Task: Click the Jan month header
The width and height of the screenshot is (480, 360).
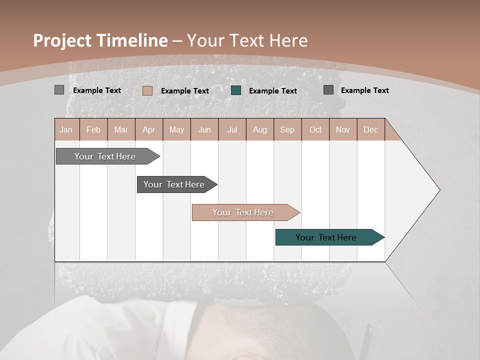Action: point(66,129)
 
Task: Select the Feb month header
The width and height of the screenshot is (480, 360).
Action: point(93,129)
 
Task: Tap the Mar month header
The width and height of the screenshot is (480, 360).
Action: point(121,129)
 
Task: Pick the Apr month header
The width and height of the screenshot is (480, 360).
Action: point(149,129)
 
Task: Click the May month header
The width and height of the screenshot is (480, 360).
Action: point(176,129)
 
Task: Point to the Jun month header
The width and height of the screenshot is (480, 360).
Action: point(204,129)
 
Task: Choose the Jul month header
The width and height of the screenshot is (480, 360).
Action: point(232,129)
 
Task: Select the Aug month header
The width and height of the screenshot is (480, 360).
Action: point(260,129)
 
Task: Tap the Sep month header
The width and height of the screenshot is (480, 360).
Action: point(287,129)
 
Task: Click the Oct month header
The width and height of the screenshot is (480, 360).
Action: point(315,129)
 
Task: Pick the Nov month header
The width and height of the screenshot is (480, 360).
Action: point(343,129)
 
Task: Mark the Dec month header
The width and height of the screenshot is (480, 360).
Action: point(370,129)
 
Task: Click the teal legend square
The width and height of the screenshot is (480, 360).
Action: point(236,90)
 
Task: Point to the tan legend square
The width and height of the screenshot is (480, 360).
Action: point(147,90)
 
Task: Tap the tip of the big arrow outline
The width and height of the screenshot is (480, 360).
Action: point(439,190)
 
